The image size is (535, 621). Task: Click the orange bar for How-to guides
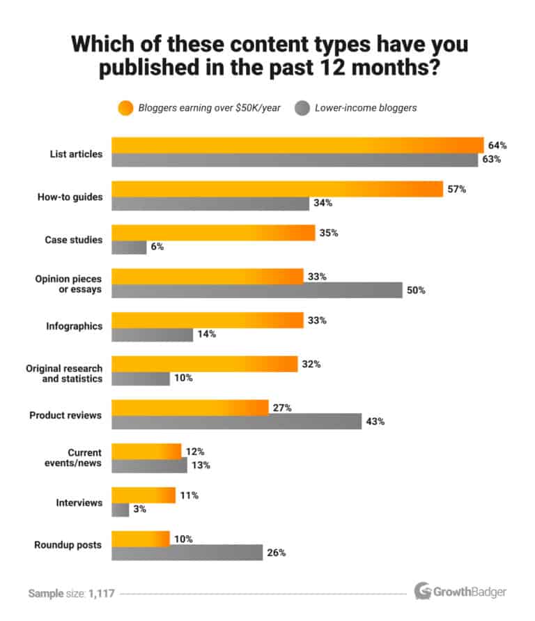(x=277, y=189)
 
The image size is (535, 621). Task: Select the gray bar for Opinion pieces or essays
(x=257, y=291)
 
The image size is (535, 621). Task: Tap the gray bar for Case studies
(x=129, y=247)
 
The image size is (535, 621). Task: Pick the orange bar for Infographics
(x=207, y=321)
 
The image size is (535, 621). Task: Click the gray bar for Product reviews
(x=236, y=422)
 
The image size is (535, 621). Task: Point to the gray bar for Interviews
(x=121, y=509)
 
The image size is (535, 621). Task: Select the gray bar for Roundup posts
(x=187, y=553)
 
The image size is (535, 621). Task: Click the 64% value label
(x=497, y=146)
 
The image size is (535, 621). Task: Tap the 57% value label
(x=456, y=189)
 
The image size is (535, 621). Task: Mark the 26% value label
(x=277, y=553)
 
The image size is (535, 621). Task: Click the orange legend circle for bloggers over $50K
(x=125, y=107)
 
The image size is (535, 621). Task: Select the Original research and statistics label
(x=64, y=373)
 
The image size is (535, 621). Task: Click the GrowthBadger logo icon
(x=423, y=592)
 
